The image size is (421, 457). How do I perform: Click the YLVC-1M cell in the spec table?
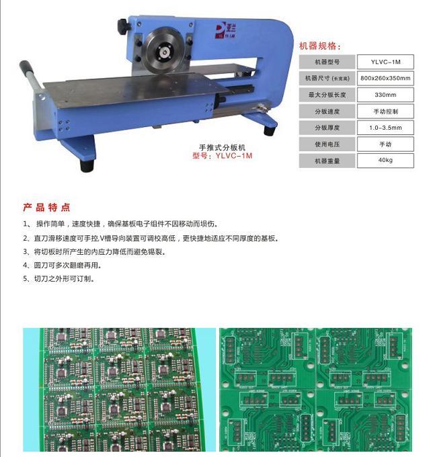(x=385, y=62)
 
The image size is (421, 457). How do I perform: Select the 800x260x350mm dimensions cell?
(x=385, y=78)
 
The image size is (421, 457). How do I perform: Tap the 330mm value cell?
(x=385, y=95)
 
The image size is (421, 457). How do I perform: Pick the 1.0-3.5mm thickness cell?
(x=385, y=128)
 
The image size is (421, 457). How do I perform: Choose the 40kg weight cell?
(x=385, y=161)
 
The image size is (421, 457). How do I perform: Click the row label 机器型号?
(x=327, y=62)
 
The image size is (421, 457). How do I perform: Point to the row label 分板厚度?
(x=327, y=128)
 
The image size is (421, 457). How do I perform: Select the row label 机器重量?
(x=327, y=161)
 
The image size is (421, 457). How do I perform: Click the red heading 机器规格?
(x=319, y=46)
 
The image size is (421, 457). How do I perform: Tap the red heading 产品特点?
(x=46, y=207)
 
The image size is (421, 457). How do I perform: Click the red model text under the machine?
(x=222, y=156)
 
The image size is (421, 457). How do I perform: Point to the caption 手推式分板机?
(x=222, y=147)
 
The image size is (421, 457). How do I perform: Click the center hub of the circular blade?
(x=165, y=52)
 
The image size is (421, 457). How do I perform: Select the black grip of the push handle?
(x=26, y=67)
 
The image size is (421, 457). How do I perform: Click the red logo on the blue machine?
(x=225, y=30)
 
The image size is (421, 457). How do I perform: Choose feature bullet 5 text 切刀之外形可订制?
(x=59, y=279)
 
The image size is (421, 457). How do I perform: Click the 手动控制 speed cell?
(x=385, y=112)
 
